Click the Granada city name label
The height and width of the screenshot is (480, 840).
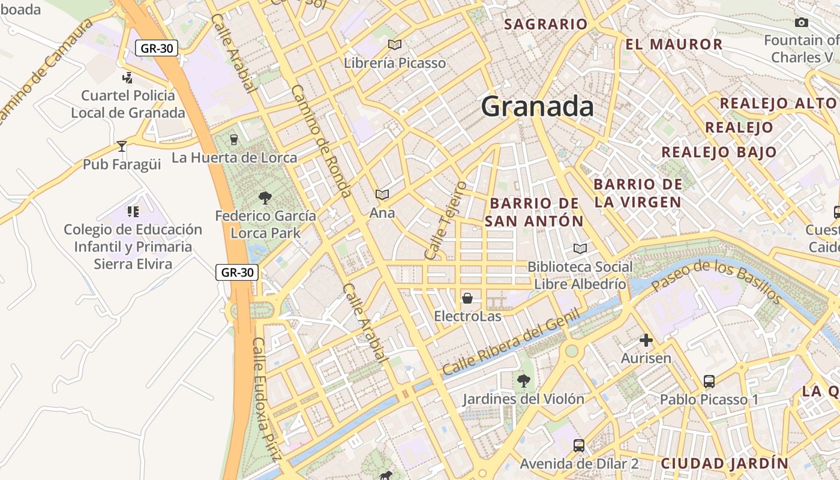[537, 106]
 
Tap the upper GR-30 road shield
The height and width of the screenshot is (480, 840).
[157, 48]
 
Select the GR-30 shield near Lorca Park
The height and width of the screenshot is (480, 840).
[237, 272]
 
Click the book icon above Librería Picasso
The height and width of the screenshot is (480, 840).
[394, 44]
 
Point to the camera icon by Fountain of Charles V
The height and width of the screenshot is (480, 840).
[801, 23]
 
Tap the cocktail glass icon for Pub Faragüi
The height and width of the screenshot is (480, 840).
[122, 146]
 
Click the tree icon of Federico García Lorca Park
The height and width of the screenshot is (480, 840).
[265, 197]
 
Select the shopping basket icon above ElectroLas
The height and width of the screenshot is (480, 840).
[467, 298]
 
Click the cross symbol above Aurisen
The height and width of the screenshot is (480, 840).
[646, 341]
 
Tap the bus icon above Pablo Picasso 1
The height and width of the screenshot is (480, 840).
[709, 381]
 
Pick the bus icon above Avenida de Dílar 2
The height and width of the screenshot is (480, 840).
[578, 445]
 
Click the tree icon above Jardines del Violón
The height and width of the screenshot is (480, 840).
[523, 380]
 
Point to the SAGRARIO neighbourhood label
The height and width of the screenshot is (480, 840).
[545, 25]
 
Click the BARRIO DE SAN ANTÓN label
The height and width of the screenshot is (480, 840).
[533, 212]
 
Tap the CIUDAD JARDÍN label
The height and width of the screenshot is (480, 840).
[724, 463]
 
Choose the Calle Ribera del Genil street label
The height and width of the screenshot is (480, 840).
[511, 343]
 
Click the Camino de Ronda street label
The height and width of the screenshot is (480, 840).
[321, 142]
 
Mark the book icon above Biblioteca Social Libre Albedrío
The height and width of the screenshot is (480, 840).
[580, 248]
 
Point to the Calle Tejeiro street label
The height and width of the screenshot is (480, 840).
[445, 221]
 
